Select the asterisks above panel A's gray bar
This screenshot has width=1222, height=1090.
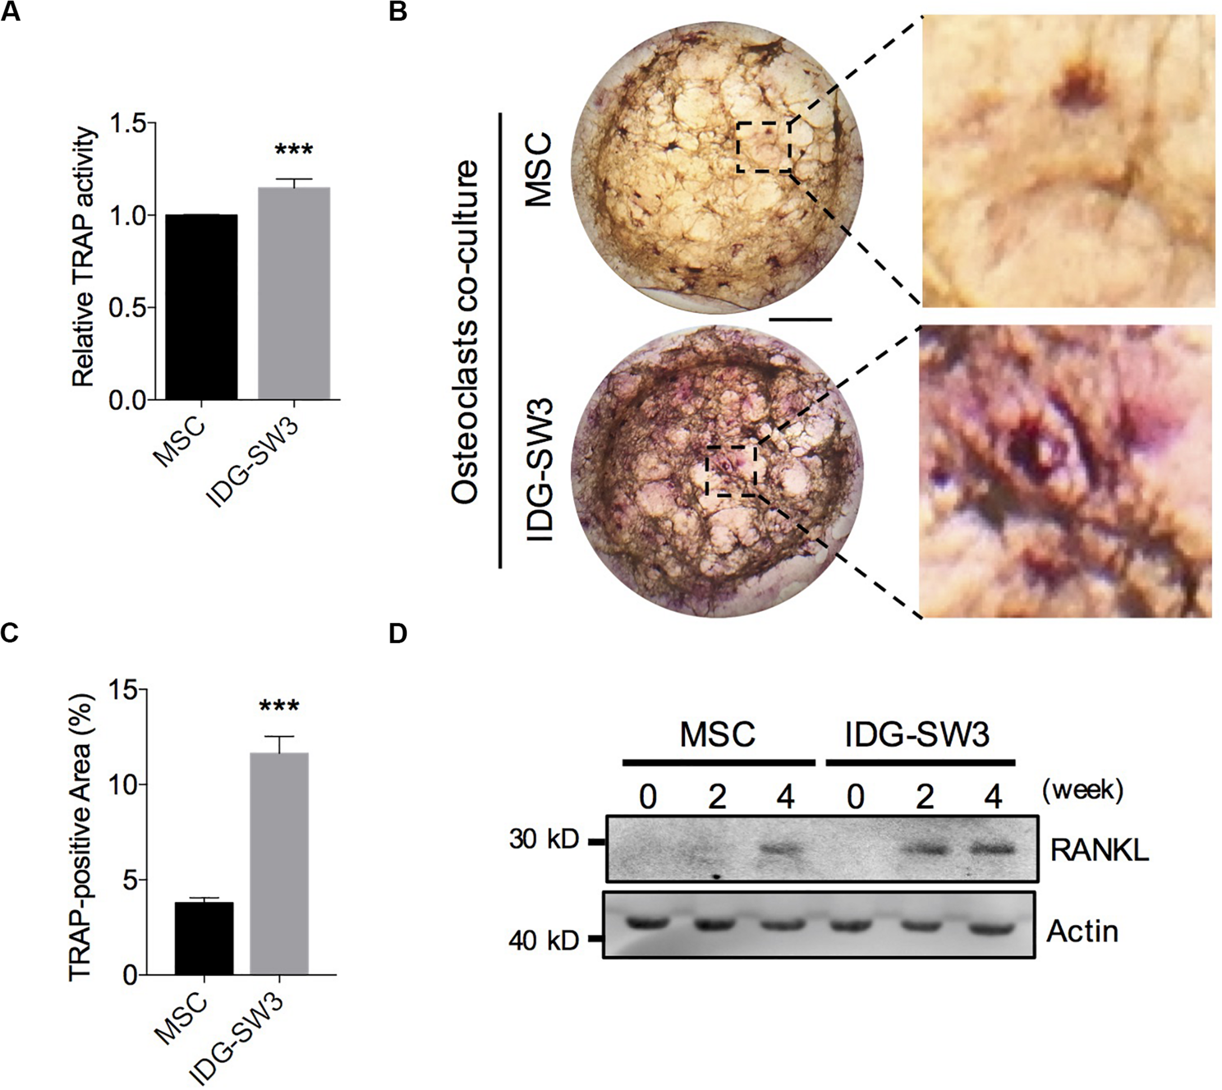point(293,150)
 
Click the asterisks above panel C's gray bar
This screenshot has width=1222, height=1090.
point(279,707)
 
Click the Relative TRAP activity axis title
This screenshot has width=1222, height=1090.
point(84,256)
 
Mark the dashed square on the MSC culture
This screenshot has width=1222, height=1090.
point(763,147)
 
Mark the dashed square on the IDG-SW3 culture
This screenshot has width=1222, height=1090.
point(731,470)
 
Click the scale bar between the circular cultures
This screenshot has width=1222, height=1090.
point(800,319)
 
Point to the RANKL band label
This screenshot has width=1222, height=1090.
point(1099,850)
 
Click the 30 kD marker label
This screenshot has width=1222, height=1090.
point(544,840)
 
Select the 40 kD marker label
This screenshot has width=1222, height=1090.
point(544,941)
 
